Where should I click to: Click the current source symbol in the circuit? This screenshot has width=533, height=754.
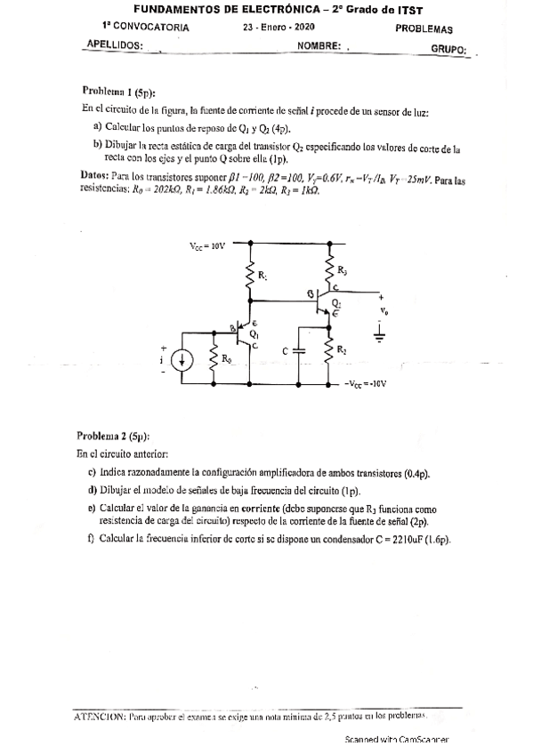(182, 360)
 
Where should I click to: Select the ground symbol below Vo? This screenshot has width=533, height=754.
(380, 334)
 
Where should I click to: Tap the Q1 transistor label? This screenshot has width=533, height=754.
(254, 334)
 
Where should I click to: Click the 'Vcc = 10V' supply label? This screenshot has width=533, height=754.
(208, 242)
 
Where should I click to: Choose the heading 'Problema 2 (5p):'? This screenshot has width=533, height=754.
(113, 437)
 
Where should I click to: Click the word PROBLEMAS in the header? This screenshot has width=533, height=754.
(423, 28)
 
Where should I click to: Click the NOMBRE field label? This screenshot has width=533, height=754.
(319, 46)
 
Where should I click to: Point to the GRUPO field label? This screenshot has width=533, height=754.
(448, 49)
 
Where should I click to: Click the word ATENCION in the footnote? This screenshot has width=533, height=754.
(101, 715)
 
